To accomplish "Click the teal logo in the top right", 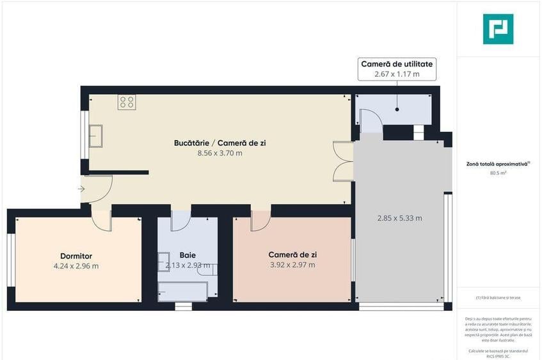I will coord(498,29).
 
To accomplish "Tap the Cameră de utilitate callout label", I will coord(397,64).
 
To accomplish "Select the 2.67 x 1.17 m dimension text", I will coord(397,74).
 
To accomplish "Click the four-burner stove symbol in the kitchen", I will coord(126,102).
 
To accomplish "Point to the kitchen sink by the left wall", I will coord(97,136).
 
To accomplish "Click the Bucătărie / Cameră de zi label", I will coord(219,143).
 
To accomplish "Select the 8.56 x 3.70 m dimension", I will coord(219,153).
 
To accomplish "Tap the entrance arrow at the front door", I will coord(81,189).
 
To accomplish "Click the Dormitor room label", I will coord(76,256).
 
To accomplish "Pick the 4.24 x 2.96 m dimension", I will coord(76,266).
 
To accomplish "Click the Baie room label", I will coord(187,255).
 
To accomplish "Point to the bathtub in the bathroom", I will coord(182,292).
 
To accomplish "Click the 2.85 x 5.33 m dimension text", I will coord(399,218).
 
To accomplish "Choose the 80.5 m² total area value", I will coord(498,173).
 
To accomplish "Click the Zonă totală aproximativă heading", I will coord(498,164).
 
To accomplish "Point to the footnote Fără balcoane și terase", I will coord(498,298).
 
